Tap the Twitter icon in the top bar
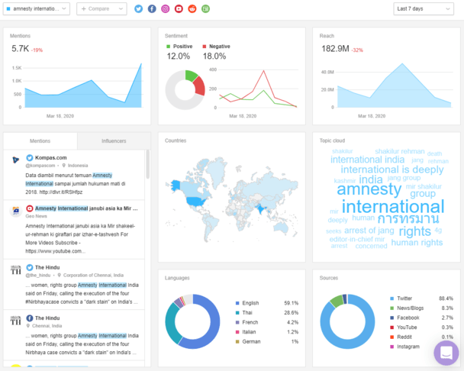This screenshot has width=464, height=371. (x=138, y=8)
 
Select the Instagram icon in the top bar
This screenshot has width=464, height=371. (x=165, y=8)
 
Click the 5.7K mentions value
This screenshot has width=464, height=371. (x=20, y=48)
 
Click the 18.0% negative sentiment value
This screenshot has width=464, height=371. (x=214, y=56)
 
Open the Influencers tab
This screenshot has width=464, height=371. (x=114, y=141)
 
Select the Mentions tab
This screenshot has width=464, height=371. (x=40, y=141)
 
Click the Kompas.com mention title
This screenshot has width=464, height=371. (x=50, y=158)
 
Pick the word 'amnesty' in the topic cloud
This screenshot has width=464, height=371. (x=363, y=189)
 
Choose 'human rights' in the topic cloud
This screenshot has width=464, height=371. (x=417, y=243)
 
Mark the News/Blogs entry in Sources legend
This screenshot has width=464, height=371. (x=410, y=308)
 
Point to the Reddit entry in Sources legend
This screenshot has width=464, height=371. (x=404, y=337)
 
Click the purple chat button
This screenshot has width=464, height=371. (x=446, y=353)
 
